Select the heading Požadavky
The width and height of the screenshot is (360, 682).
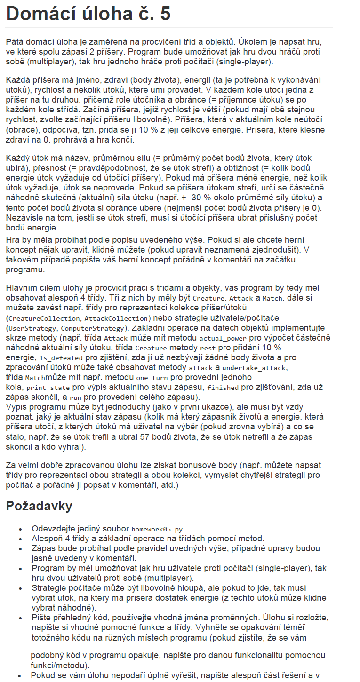click(x=39, y=506)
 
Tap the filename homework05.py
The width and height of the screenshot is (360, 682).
click(x=155, y=529)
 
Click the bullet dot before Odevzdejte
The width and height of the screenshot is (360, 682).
click(x=20, y=529)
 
